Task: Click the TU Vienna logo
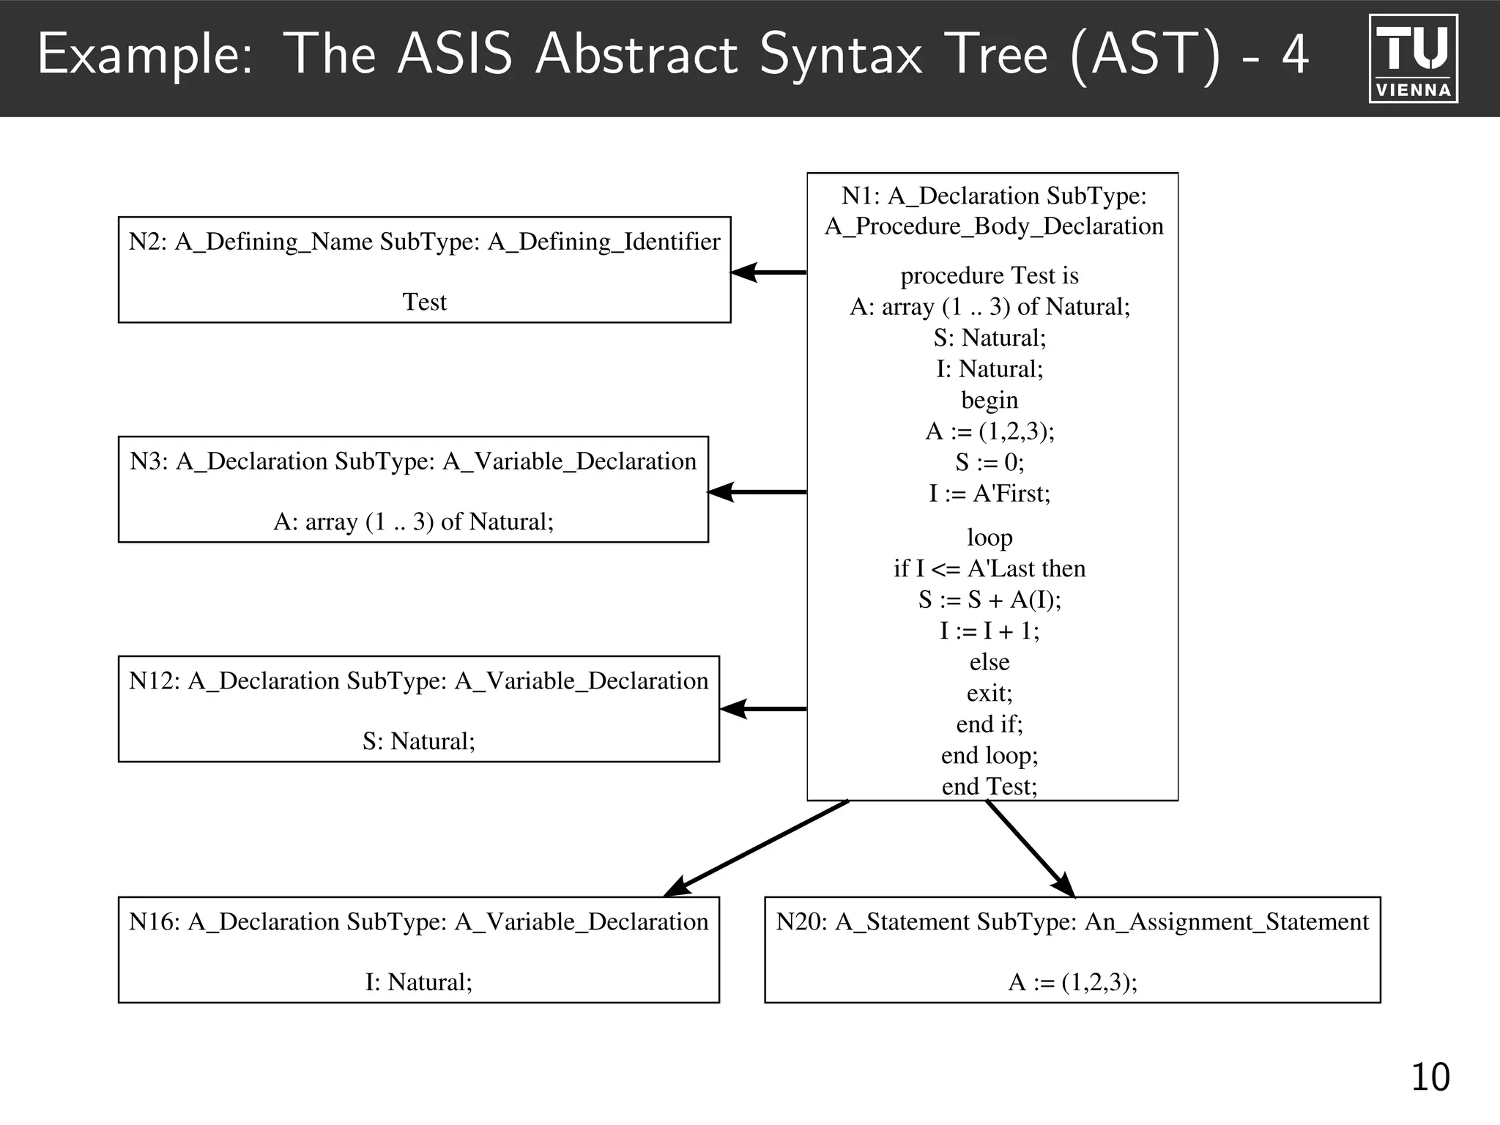[x=1413, y=59]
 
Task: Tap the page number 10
[x=1429, y=1077]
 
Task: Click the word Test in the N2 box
[x=424, y=302]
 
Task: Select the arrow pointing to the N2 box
[x=768, y=272]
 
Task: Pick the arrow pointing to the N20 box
[x=1030, y=848]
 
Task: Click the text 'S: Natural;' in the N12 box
[x=419, y=741]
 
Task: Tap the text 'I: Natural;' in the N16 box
[x=419, y=981]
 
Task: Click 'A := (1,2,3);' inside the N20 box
[x=1072, y=981]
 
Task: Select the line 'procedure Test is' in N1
[x=990, y=275]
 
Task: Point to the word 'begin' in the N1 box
[x=990, y=400]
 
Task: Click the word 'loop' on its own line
[x=990, y=538]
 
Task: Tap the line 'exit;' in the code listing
[x=990, y=693]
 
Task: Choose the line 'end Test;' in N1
[x=990, y=787]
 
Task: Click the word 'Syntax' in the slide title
[x=841, y=54]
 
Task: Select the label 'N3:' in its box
[x=149, y=461]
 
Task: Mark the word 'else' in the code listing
[x=990, y=662]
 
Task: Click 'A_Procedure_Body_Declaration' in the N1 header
[x=994, y=226]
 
